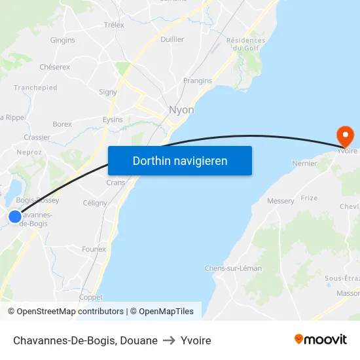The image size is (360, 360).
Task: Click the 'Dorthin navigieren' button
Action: pyautogui.click(x=180, y=160)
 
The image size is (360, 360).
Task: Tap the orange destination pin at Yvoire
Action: pyautogui.click(x=345, y=136)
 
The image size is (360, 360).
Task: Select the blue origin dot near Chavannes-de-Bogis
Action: pyautogui.click(x=14, y=216)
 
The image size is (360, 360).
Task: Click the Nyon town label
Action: pyautogui.click(x=181, y=110)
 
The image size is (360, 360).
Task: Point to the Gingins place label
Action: pyautogui.click(x=63, y=40)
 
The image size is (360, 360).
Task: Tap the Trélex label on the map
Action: pyautogui.click(x=114, y=25)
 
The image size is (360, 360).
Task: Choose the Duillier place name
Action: pyautogui.click(x=172, y=39)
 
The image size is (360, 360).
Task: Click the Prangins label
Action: pyautogui.click(x=198, y=81)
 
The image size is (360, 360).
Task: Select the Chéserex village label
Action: pyautogui.click(x=55, y=67)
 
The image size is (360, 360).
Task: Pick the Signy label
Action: pyautogui.click(x=107, y=92)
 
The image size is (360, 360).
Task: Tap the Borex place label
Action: pyautogui.click(x=62, y=124)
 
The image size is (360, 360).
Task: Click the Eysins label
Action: pyautogui.click(x=113, y=120)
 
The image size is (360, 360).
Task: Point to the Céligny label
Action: pyautogui.click(x=96, y=203)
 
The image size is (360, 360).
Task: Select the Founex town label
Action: pyautogui.click(x=94, y=249)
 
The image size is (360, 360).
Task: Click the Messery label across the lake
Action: pyautogui.click(x=281, y=201)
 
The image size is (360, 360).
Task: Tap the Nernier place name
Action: pyautogui.click(x=306, y=164)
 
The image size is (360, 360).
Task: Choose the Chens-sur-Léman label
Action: pyautogui.click(x=233, y=268)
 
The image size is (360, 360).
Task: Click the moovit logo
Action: pyautogui.click(x=321, y=339)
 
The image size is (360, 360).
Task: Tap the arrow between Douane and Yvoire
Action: pyautogui.click(x=169, y=340)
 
